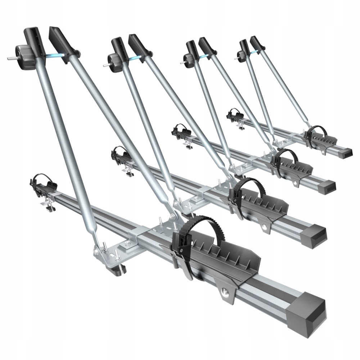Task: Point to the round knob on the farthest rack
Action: (x=241, y=55)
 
